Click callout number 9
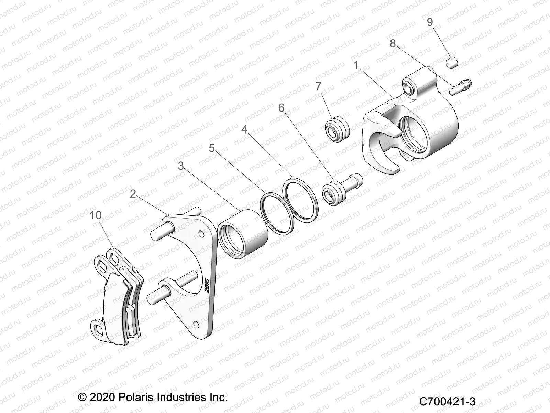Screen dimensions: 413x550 430,22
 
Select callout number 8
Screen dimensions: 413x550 393,44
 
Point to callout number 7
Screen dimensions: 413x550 318,86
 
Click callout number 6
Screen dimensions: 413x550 282,108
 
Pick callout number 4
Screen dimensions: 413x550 244,130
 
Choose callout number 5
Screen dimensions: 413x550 212,148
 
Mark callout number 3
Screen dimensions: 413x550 181,166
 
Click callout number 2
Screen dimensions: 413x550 133,194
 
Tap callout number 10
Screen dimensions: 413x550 96,215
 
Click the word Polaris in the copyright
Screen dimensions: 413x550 134,398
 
